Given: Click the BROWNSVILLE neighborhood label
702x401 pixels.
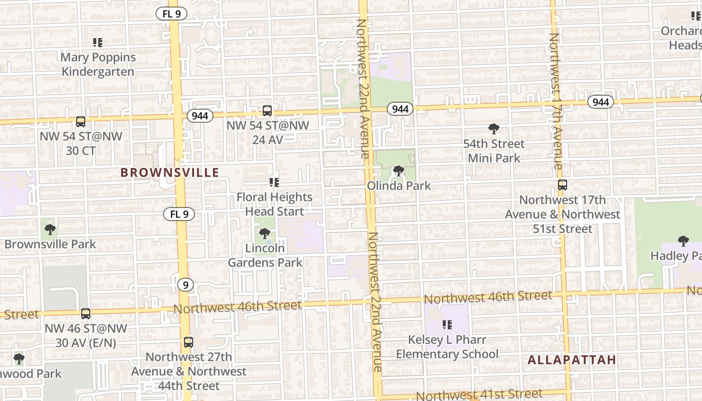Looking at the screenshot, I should click(x=169, y=173).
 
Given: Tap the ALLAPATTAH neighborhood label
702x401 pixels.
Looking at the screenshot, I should click(x=572, y=360).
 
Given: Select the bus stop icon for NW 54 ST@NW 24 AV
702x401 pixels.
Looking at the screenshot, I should click(x=267, y=111).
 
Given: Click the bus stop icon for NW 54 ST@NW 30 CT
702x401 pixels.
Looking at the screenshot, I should click(x=80, y=121).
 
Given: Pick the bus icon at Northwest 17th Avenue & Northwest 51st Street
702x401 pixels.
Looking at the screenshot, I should click(x=562, y=185).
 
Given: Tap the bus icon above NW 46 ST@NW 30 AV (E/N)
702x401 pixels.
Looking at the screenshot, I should click(x=86, y=314).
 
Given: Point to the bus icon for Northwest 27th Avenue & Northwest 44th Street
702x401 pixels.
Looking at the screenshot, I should click(x=188, y=342).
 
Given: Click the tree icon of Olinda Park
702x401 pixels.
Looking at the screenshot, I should click(x=399, y=171).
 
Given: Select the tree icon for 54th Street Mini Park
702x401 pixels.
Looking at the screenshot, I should click(x=493, y=129).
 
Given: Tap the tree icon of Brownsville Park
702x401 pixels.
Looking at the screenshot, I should click(x=50, y=230).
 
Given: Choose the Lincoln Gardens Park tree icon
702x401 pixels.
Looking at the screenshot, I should click(x=265, y=233).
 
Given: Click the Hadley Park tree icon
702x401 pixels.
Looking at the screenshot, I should click(x=683, y=241).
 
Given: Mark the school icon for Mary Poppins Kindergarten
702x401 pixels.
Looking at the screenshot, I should click(x=98, y=43).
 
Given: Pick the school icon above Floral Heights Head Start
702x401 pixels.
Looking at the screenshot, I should click(x=274, y=182).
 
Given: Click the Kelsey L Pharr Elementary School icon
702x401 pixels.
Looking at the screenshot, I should click(x=447, y=325).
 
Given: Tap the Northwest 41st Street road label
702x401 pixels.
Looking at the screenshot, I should click(x=479, y=394).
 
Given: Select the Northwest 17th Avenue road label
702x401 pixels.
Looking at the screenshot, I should click(x=556, y=100).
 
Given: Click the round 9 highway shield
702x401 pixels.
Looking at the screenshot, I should click(x=186, y=285).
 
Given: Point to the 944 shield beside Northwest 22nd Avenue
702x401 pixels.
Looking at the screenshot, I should click(x=400, y=109).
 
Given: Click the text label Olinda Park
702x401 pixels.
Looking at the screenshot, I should click(x=399, y=185).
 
